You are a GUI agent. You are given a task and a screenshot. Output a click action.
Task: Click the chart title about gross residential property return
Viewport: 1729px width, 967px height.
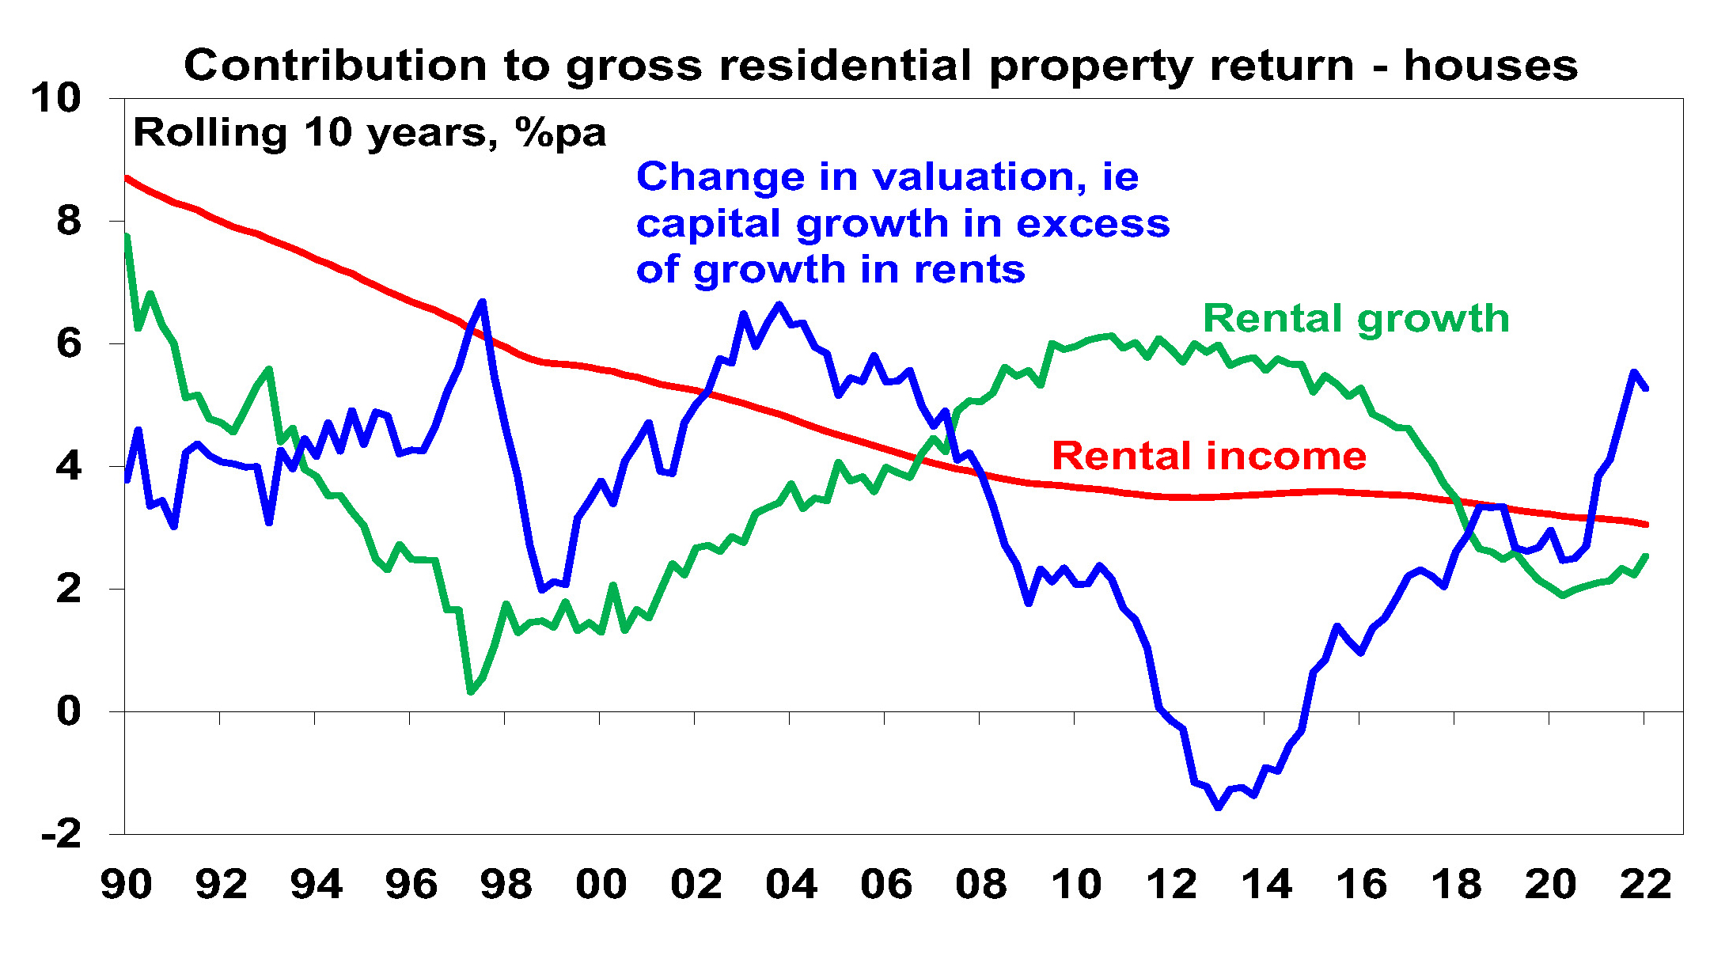[x=880, y=65]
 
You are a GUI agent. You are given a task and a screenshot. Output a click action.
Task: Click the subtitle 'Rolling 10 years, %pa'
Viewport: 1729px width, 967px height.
[x=370, y=132]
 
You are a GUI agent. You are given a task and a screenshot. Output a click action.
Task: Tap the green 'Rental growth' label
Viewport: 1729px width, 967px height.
[x=1356, y=318]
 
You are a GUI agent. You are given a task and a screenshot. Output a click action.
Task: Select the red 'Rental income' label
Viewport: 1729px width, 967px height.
[x=1208, y=456]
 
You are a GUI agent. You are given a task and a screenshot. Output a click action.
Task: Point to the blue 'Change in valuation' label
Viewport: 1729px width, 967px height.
[x=902, y=222]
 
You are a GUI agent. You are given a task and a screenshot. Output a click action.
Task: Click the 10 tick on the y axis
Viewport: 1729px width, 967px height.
[x=56, y=99]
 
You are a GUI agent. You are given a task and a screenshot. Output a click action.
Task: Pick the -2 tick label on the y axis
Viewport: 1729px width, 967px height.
[x=62, y=834]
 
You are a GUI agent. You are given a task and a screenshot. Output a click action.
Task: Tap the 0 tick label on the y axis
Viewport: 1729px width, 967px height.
[x=69, y=711]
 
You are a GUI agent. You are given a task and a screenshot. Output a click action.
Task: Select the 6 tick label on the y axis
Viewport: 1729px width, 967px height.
[x=69, y=343]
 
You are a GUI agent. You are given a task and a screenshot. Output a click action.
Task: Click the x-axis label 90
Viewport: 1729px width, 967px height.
[x=127, y=884]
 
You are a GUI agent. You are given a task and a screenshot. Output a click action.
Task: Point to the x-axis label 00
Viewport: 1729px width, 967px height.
[x=601, y=884]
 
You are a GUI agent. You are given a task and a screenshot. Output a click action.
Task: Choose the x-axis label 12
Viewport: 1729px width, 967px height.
[x=1171, y=884]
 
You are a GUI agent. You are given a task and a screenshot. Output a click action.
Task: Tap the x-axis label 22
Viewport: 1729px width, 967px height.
[x=1645, y=884]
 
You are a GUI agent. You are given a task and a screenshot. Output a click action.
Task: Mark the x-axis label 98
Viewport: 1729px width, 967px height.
[x=506, y=884]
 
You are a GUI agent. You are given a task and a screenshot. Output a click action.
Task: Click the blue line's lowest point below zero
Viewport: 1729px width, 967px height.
[x=1219, y=807]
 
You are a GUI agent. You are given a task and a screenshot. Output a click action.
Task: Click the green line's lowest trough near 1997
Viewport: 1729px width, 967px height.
[x=471, y=692]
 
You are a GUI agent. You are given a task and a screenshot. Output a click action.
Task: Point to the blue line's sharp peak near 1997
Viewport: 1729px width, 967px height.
[x=482, y=301]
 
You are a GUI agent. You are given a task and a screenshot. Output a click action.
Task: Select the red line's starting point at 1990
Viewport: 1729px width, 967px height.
[x=127, y=177]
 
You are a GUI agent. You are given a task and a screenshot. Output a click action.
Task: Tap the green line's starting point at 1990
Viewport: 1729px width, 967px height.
[x=127, y=236]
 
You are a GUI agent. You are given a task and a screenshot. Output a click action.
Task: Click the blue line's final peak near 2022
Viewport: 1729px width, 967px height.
[x=1633, y=371]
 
